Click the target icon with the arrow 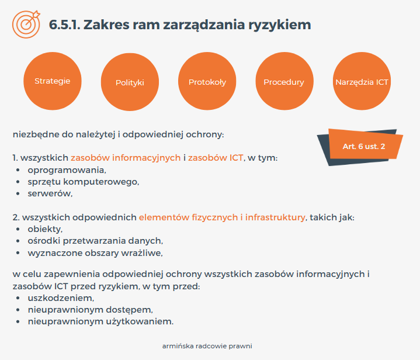(26, 24)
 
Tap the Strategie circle (53, 81)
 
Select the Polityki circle (130, 82)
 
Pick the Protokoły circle (207, 81)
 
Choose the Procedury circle (284, 81)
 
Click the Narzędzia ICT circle (362, 81)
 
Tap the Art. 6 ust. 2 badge (364, 146)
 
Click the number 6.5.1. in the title (65, 25)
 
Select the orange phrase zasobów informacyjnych (126, 158)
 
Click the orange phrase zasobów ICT (216, 158)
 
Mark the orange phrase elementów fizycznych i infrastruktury (222, 217)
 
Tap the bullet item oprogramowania (67, 170)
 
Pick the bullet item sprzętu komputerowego (84, 182)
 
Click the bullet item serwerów (50, 193)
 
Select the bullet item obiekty (45, 229)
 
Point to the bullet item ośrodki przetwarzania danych (95, 241)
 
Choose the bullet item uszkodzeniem (61, 298)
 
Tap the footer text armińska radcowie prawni (207, 346)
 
